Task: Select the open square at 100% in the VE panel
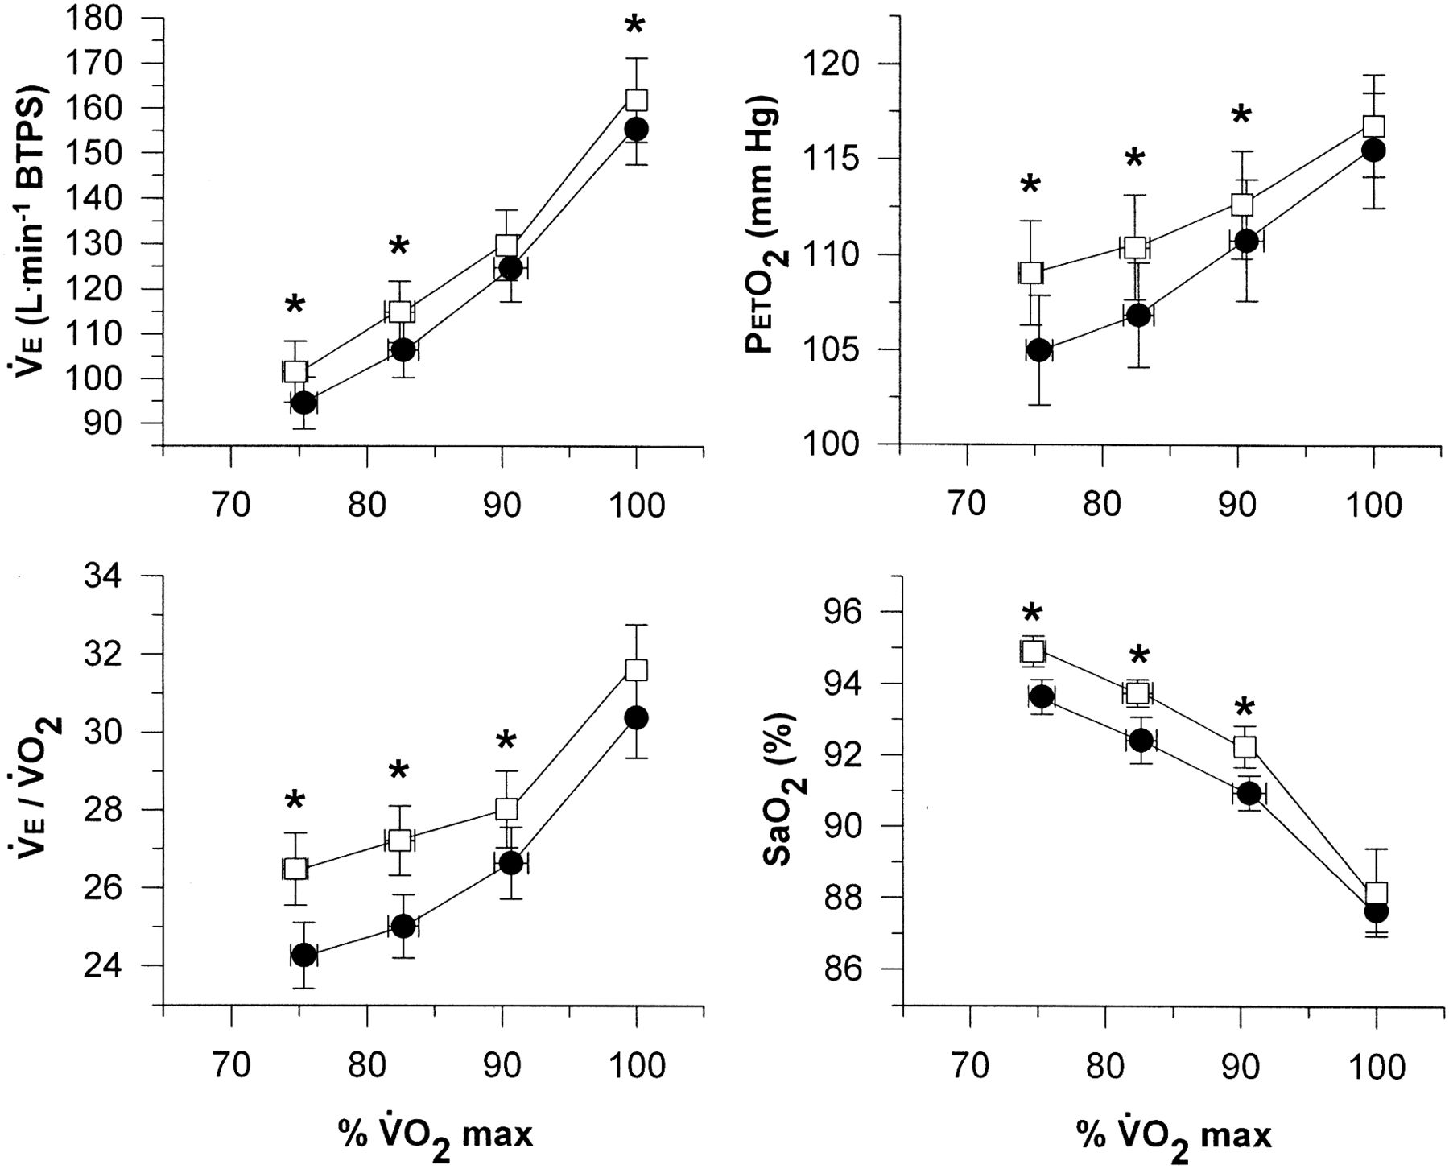(637, 100)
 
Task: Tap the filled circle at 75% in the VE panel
(303, 403)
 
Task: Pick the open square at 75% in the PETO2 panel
(1031, 273)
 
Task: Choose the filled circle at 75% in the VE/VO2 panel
(303, 956)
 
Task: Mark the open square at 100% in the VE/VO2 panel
(637, 670)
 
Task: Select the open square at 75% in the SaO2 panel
(1033, 651)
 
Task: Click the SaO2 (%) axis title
(779, 788)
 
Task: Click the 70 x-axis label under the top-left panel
(231, 505)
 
